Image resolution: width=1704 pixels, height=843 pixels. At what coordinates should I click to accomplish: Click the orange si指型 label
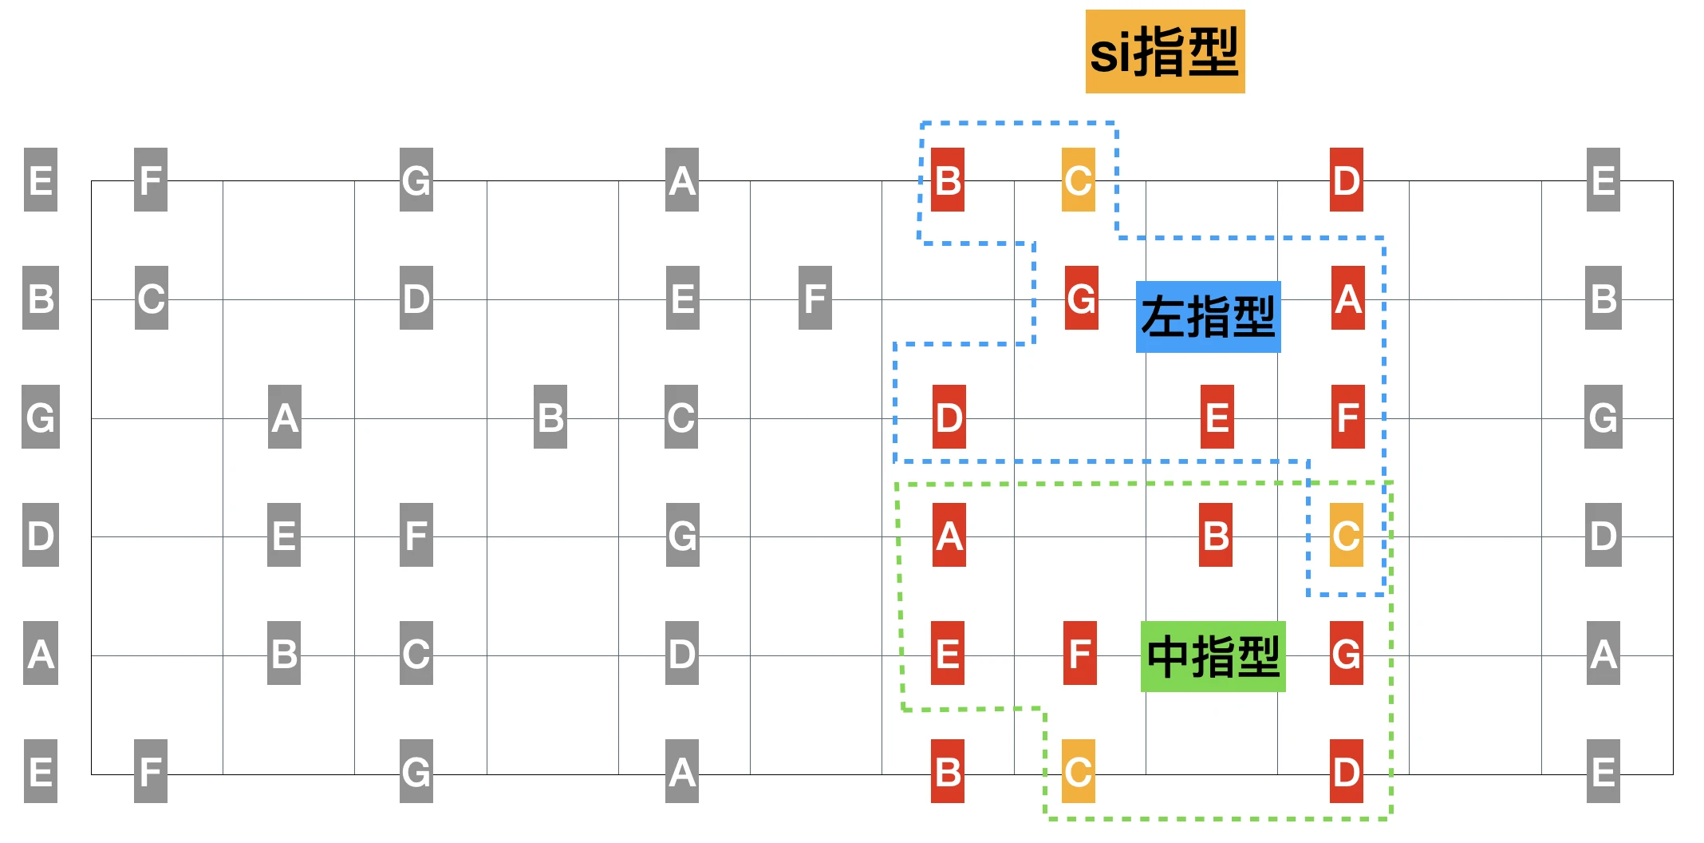pyautogui.click(x=1165, y=52)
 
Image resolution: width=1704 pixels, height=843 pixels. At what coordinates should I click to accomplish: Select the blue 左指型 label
pyautogui.click(x=1208, y=317)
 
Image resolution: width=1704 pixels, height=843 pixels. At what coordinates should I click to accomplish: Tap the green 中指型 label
pyautogui.click(x=1213, y=656)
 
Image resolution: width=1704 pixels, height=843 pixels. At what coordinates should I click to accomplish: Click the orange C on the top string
pyautogui.click(x=1078, y=180)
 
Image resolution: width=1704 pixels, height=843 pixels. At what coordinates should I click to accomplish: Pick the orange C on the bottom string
pyautogui.click(x=1078, y=771)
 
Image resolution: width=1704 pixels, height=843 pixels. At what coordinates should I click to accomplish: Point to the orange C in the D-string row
pyautogui.click(x=1346, y=535)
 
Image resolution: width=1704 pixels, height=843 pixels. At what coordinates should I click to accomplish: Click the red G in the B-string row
pyautogui.click(x=1081, y=298)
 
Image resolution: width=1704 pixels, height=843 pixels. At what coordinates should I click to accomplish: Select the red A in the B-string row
pyautogui.click(x=1347, y=298)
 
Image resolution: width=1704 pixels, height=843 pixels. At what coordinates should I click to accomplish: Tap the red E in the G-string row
pyautogui.click(x=1217, y=417)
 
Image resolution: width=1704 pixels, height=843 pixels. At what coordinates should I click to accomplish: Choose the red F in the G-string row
pyautogui.click(x=1347, y=417)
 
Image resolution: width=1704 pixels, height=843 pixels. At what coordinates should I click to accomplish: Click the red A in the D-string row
pyautogui.click(x=949, y=535)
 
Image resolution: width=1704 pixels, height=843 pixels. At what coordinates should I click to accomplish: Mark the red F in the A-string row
pyautogui.click(x=1079, y=653)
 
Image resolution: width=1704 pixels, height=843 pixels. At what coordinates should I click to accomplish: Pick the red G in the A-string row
pyautogui.click(x=1346, y=653)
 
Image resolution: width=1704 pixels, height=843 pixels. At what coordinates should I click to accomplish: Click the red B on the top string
pyautogui.click(x=948, y=180)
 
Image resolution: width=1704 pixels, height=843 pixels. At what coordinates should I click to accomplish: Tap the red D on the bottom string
pyautogui.click(x=1346, y=771)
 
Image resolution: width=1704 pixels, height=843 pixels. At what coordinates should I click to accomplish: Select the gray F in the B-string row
pyautogui.click(x=815, y=298)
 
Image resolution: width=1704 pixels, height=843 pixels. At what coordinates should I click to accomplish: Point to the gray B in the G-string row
pyautogui.click(x=550, y=417)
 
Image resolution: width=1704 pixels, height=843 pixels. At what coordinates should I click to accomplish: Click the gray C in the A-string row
pyautogui.click(x=416, y=653)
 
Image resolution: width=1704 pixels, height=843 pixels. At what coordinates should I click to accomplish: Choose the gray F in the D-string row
pyautogui.click(x=416, y=535)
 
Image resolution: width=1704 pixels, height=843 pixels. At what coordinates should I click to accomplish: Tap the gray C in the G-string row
pyautogui.click(x=680, y=417)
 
